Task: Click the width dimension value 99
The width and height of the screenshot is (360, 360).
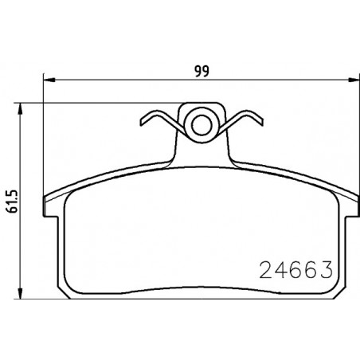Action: pyautogui.click(x=202, y=71)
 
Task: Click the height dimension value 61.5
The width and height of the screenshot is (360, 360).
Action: pyautogui.click(x=12, y=202)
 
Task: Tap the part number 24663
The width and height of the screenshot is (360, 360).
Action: pyautogui.click(x=295, y=269)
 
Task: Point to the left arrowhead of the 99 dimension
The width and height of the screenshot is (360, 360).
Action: pyautogui.click(x=49, y=80)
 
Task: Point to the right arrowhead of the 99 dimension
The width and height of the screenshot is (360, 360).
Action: pyautogui.click(x=354, y=80)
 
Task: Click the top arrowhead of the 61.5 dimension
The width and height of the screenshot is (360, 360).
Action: pyautogui.click(x=20, y=109)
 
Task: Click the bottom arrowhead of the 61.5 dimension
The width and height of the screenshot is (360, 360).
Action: pyautogui.click(x=20, y=293)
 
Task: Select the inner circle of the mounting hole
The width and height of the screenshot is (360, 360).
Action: pyautogui.click(x=202, y=125)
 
